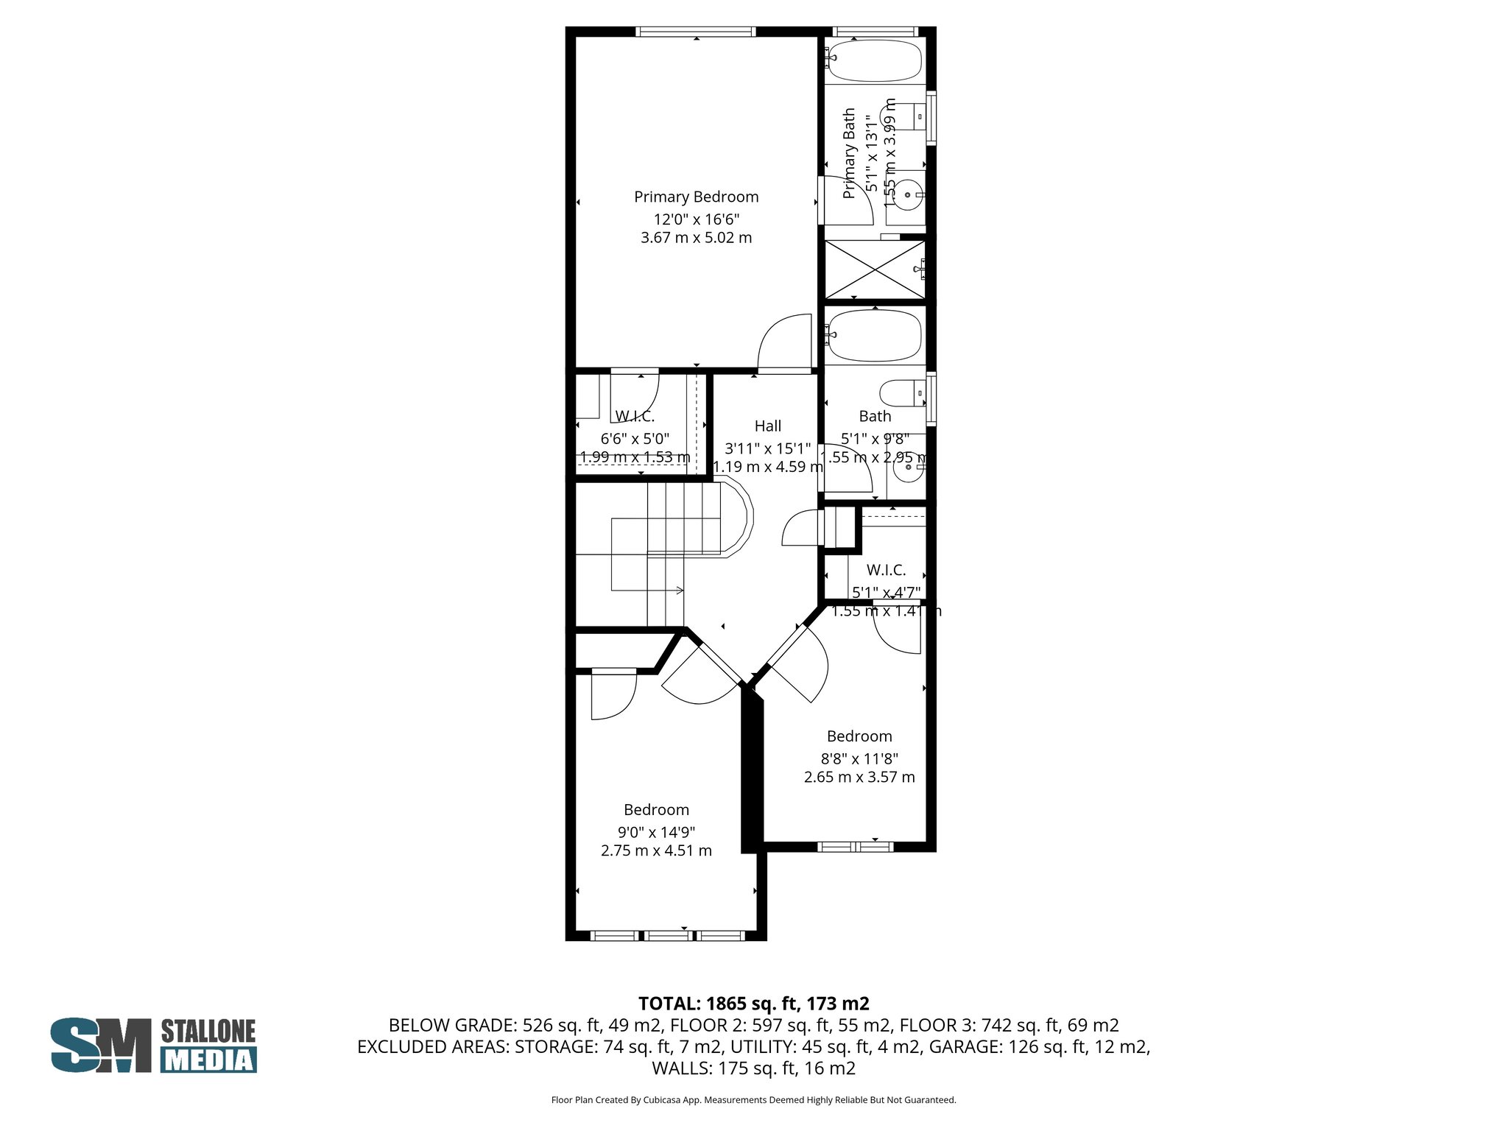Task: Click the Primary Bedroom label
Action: tap(696, 197)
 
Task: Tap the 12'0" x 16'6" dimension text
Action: tap(696, 219)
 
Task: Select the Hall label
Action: tap(767, 426)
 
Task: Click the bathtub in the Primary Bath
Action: tap(875, 60)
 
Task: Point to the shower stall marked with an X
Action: tap(875, 269)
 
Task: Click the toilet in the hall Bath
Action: tap(900, 392)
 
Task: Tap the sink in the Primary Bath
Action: tap(907, 195)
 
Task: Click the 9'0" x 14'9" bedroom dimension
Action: tap(656, 832)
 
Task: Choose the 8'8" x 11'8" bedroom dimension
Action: tap(859, 758)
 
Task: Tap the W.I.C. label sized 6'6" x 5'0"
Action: tap(635, 416)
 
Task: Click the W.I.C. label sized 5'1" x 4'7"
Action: tap(886, 570)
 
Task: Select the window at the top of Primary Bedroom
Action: tap(696, 32)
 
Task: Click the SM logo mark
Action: tap(100, 1045)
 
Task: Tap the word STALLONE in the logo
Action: tap(208, 1031)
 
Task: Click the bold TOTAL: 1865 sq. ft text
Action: tap(753, 1004)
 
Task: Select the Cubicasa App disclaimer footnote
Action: tap(753, 1100)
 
